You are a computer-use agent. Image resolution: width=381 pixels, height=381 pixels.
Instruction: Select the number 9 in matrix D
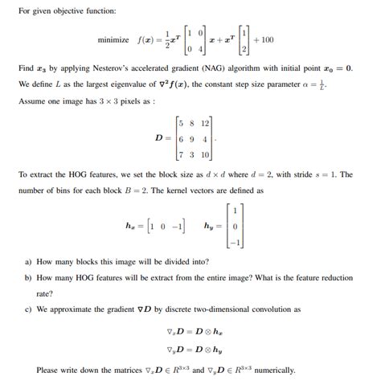click(x=194, y=139)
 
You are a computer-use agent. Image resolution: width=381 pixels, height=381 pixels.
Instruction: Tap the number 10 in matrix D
click(x=206, y=154)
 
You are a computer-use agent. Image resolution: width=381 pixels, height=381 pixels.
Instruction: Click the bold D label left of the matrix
click(x=162, y=139)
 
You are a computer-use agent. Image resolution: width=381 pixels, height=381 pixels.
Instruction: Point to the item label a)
click(x=29, y=262)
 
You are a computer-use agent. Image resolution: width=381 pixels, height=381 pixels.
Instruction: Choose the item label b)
click(x=29, y=277)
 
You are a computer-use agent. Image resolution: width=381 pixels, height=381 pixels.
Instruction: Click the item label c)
click(x=29, y=309)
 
